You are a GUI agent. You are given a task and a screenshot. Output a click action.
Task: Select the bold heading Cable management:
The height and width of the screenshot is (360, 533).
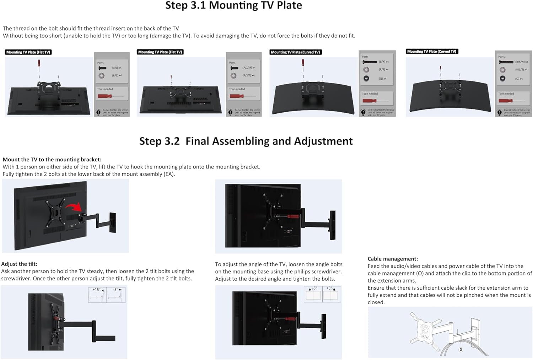tap(393, 259)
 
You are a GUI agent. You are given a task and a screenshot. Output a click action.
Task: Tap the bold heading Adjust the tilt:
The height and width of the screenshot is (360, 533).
tap(19, 264)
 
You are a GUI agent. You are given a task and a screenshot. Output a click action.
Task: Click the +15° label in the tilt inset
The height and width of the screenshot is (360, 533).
tap(96, 290)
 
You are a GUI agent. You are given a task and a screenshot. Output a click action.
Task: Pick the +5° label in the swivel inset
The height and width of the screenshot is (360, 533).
tap(329, 288)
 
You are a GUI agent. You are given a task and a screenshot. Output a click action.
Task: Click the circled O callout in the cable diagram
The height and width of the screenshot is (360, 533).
tap(461, 349)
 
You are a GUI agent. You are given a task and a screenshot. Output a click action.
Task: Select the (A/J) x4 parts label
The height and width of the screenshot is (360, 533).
tap(117, 68)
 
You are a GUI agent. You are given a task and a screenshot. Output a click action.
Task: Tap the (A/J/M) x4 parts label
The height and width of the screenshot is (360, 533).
tap(249, 68)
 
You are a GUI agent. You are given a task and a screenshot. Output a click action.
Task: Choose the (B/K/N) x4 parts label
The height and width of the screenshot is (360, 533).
tap(521, 62)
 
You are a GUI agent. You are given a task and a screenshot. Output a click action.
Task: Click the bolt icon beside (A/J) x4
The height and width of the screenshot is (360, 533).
tap(102, 68)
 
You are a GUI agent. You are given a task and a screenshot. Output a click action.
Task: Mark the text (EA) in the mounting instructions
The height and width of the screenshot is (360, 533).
tap(169, 174)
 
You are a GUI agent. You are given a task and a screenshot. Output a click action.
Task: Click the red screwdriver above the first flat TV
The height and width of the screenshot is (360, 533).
tap(39, 65)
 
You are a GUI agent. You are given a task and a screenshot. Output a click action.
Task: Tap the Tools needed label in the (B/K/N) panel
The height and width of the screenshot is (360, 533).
tap(506, 94)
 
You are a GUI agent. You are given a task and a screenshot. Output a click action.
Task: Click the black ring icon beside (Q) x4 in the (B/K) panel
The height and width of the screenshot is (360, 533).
tap(366, 78)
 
